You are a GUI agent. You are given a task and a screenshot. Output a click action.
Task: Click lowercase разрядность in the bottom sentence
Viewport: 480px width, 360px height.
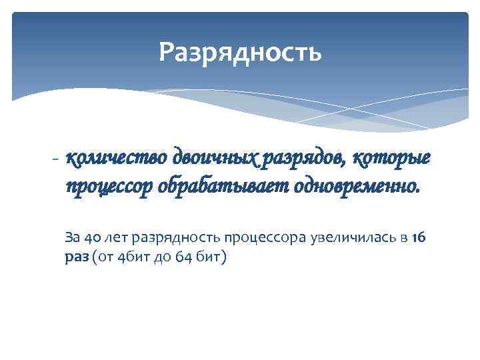pos(176,237)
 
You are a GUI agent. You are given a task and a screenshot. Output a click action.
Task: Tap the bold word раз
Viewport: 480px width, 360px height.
pos(76,258)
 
